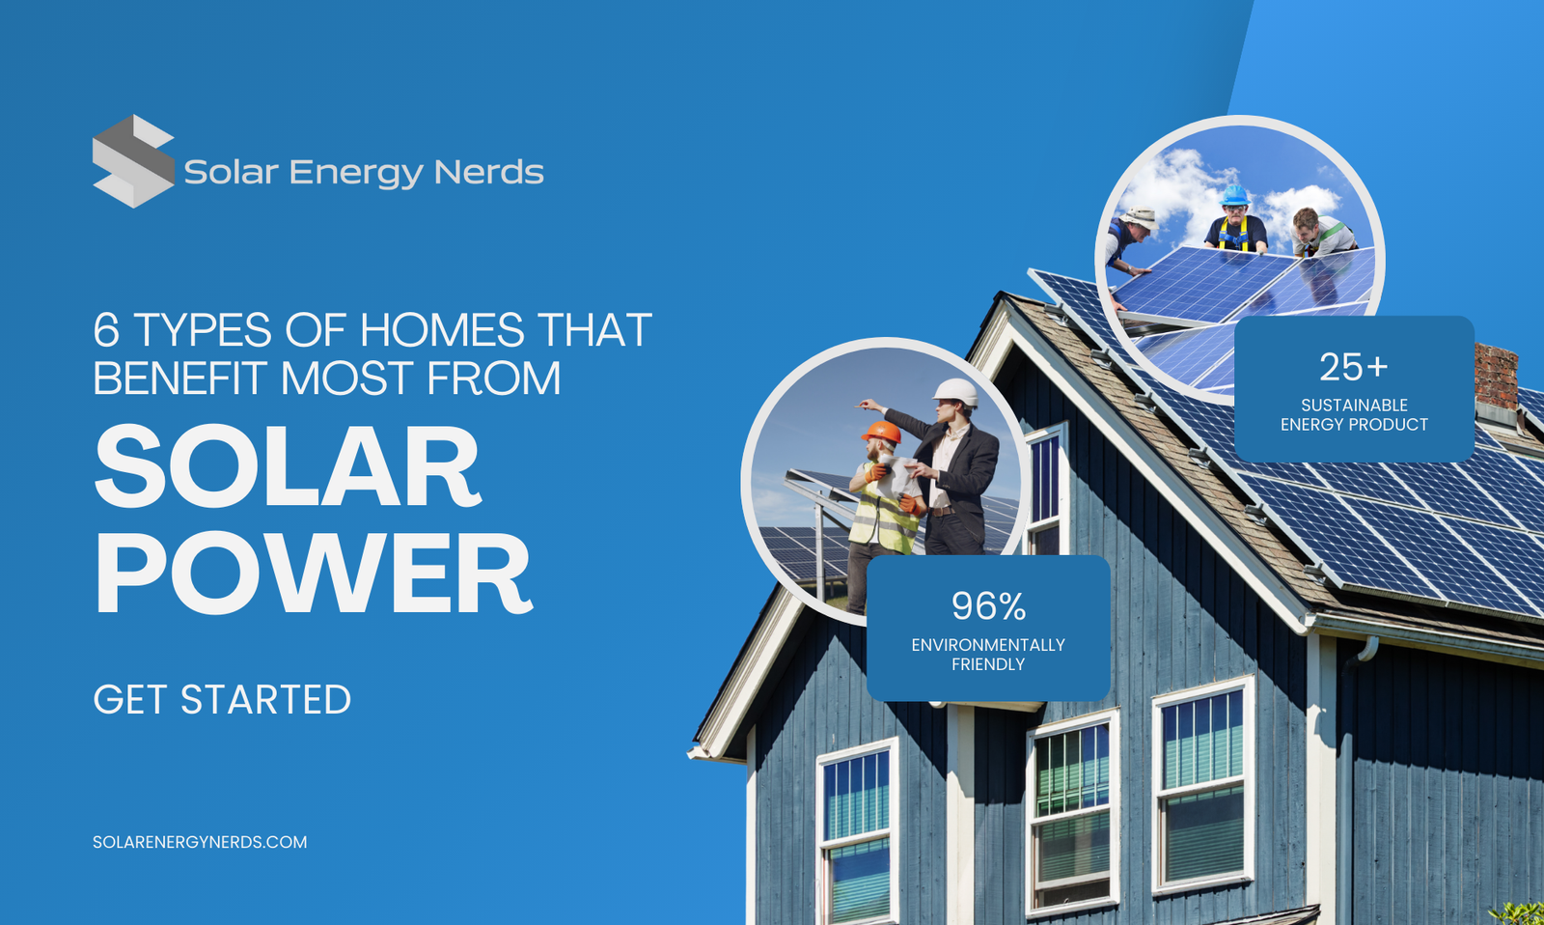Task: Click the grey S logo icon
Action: [133, 161]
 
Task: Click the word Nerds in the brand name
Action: [488, 172]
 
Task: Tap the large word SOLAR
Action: [288, 467]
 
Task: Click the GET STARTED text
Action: [222, 700]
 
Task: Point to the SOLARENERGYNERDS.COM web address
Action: [200, 842]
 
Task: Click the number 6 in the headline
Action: [106, 331]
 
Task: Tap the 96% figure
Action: [988, 606]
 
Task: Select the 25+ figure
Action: [1353, 367]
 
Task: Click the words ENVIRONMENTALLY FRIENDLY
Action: [988, 655]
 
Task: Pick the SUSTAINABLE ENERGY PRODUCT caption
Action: [1354, 414]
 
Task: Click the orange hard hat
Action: [881, 432]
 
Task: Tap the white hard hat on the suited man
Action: [955, 391]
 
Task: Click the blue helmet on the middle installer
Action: [1234, 196]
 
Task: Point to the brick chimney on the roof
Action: [1496, 376]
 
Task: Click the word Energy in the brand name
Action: [355, 173]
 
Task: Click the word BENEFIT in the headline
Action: [179, 378]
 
